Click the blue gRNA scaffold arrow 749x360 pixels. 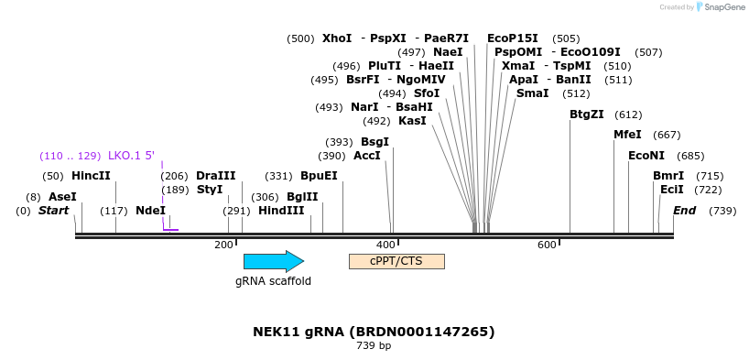click(274, 261)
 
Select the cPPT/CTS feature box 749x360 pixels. click(397, 261)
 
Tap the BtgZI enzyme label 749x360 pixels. click(587, 115)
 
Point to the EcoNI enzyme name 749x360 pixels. click(646, 156)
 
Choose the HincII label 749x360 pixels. click(91, 176)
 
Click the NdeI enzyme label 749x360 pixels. click(150, 211)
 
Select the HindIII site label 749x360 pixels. click(281, 211)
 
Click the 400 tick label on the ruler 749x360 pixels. click(385, 245)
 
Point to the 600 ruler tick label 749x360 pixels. click(547, 245)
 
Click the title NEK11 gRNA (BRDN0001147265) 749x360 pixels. click(374, 332)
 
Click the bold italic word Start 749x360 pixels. click(53, 211)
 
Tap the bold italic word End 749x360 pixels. click(685, 211)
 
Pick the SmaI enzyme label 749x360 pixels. click(533, 93)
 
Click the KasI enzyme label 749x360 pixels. click(412, 121)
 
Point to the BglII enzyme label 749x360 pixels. click(302, 197)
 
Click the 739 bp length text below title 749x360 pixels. click(374, 345)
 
